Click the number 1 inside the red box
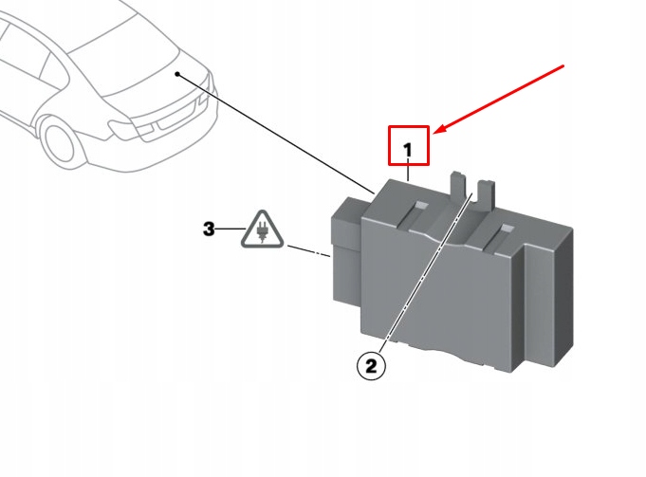409,149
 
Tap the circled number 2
371,365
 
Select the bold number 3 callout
210,229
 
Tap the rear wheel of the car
61,142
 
